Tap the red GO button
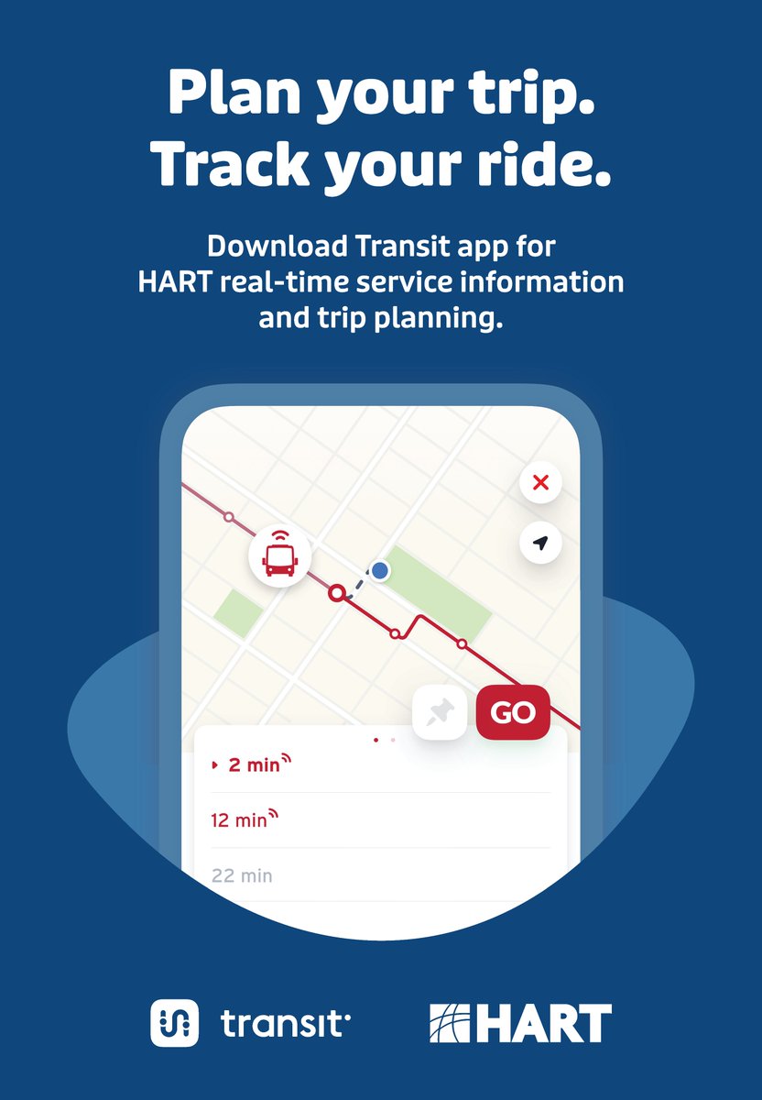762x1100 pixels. pyautogui.click(x=513, y=712)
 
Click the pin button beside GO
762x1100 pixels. pyautogui.click(x=441, y=712)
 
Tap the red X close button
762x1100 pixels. pyautogui.click(x=540, y=482)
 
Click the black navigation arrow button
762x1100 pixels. pyautogui.click(x=540, y=543)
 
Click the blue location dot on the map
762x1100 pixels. pyautogui.click(x=380, y=571)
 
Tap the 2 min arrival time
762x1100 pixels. pyautogui.click(x=253, y=764)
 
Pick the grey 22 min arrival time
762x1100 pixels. pyautogui.click(x=242, y=875)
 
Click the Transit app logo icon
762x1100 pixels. pyautogui.click(x=174, y=1022)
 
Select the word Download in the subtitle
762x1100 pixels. pyautogui.click(x=278, y=247)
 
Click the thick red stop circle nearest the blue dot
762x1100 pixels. pyautogui.click(x=337, y=593)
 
